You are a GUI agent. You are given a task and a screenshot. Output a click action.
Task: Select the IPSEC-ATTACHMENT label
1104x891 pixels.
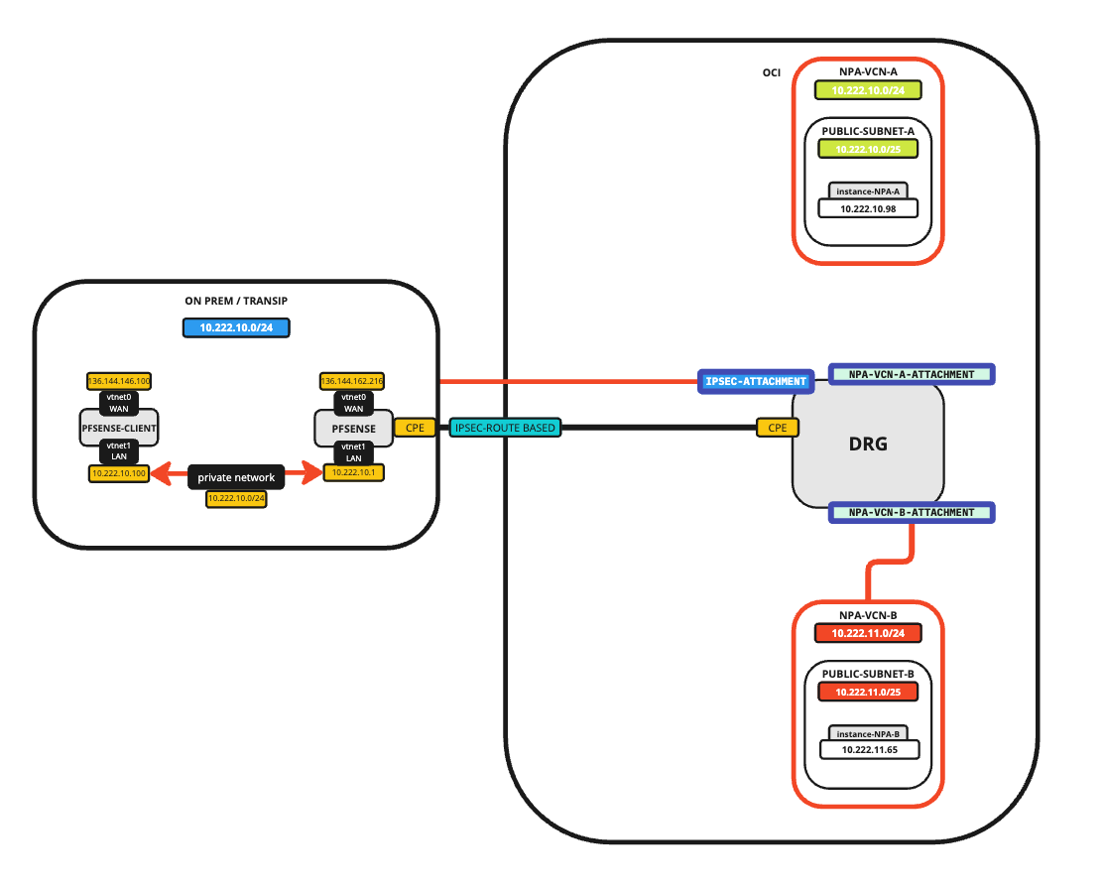pos(755,381)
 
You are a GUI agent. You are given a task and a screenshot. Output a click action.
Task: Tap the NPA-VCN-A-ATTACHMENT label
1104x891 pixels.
pos(911,374)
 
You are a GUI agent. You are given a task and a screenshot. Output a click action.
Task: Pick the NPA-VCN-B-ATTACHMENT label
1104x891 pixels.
pos(911,513)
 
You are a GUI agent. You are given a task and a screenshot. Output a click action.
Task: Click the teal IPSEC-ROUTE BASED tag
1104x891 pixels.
pos(506,428)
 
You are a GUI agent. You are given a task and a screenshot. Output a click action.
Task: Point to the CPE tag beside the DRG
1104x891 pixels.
pos(777,428)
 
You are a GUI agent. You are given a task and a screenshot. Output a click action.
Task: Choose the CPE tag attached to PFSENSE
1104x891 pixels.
pos(415,428)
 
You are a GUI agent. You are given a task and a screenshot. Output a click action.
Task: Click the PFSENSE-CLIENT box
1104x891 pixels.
pos(119,428)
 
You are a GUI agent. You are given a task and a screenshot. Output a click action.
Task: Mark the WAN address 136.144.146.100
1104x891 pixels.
pos(119,381)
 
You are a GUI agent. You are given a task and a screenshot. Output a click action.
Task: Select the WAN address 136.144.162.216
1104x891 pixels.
pos(352,381)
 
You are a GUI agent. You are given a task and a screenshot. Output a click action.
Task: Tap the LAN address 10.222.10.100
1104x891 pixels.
pos(118,473)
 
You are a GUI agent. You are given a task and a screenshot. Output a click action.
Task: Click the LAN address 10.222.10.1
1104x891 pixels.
pos(353,473)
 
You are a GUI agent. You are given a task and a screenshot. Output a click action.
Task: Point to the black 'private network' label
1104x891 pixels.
pos(236,477)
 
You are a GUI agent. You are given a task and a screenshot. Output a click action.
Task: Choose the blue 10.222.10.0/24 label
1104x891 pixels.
pos(236,327)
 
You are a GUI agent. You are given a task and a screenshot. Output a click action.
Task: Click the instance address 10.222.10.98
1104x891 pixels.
pos(868,208)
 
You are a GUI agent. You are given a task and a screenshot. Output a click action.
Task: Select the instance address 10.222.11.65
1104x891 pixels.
pos(868,749)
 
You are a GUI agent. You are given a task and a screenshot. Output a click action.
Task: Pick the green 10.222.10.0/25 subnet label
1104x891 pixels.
pos(868,149)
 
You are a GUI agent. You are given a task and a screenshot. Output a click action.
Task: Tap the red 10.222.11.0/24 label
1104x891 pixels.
pos(868,632)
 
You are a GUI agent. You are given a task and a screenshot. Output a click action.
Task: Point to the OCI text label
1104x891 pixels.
pos(771,72)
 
